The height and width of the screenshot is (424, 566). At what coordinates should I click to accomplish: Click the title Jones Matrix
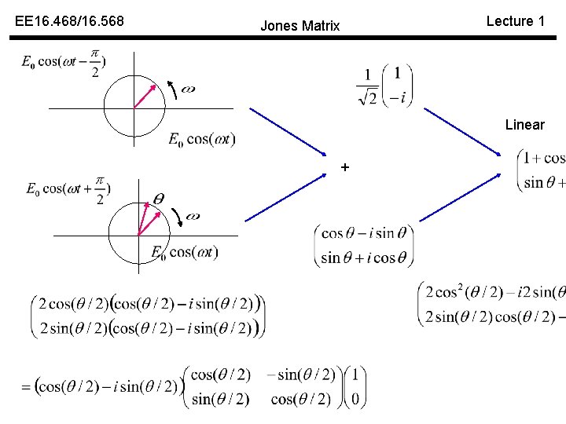tap(300, 26)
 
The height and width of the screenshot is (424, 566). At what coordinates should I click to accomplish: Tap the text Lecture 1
tap(516, 21)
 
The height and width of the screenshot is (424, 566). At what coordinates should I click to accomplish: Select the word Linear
tap(525, 125)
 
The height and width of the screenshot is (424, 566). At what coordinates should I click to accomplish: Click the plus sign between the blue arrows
tap(344, 167)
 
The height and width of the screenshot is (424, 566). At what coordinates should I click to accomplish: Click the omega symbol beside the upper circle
tap(188, 89)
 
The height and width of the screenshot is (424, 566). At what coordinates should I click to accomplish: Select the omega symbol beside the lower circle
tap(191, 216)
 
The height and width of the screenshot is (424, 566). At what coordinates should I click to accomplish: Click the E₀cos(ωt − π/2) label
tap(64, 63)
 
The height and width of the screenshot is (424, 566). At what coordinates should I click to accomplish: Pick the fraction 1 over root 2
tap(367, 86)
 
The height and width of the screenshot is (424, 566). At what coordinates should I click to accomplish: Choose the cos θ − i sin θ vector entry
tap(364, 233)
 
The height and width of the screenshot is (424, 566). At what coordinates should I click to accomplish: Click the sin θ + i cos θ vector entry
tap(364, 257)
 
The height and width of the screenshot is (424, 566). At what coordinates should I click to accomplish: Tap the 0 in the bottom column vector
tap(356, 400)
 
